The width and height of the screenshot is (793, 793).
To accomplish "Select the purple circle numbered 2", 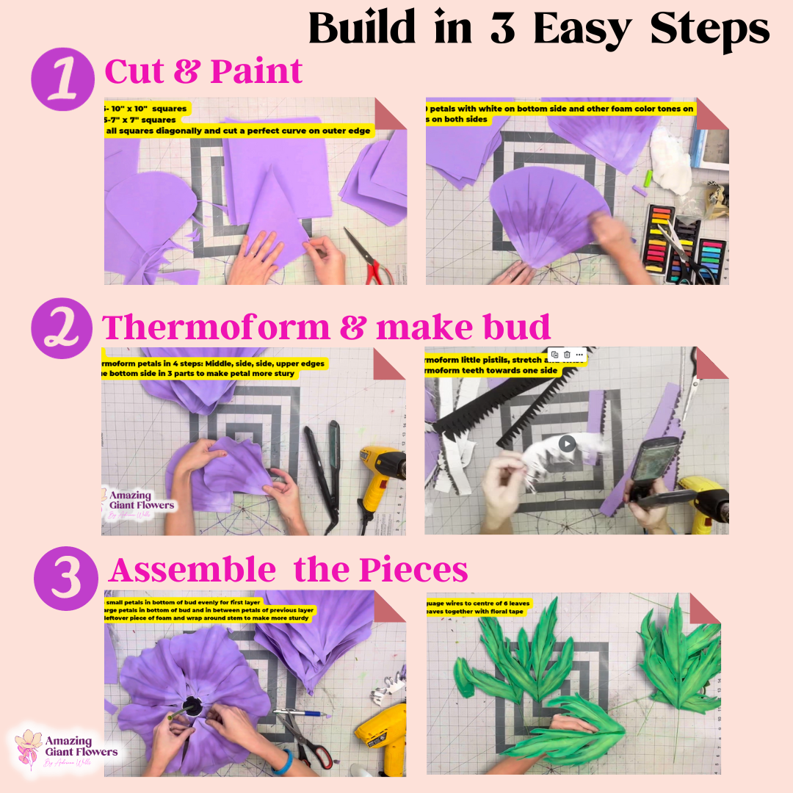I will coord(62,327).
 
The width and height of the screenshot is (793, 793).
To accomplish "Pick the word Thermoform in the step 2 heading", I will coord(216,327).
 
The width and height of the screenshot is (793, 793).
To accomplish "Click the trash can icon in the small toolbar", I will coord(567,355).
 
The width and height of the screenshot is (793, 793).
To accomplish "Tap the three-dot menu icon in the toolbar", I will coord(579,355).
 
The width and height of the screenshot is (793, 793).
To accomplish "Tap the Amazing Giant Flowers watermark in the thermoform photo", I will coord(140,501).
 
